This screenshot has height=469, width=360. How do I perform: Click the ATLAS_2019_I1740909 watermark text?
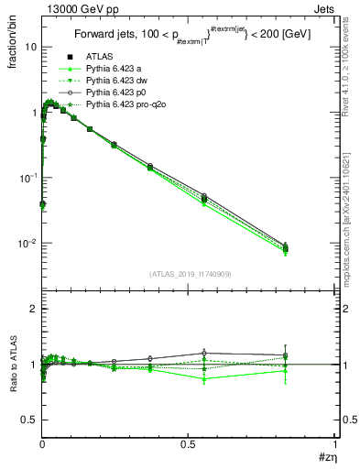point(190,274)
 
